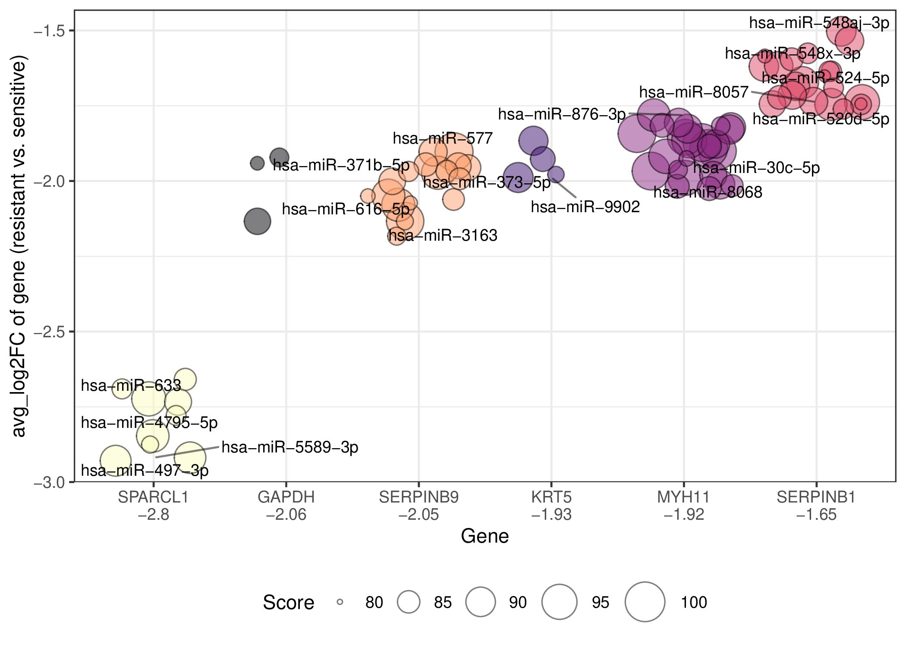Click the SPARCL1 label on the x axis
coord(153,497)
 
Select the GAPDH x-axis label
coord(286,497)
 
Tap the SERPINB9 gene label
coord(418,497)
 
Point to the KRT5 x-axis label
coord(551,497)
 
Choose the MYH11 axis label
coord(683,497)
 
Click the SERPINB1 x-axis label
coord(816,497)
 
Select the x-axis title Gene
coord(485,536)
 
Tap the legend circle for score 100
coord(645,602)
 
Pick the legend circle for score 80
coord(340,602)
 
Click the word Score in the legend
coord(289,602)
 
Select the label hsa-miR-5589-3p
coord(290,447)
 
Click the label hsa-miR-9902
coord(585,207)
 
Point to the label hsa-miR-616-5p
coord(346,209)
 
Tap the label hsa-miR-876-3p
coord(562,114)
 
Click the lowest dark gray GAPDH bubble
coord(257,221)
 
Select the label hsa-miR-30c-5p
coord(757,168)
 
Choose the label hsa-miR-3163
coord(443,236)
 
